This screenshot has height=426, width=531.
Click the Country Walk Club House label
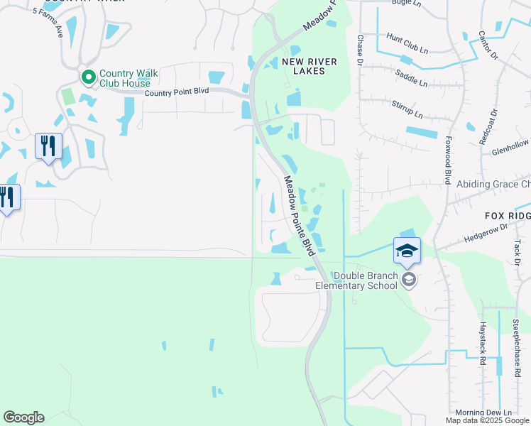click(x=128, y=78)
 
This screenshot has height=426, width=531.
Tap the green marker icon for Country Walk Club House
click(x=89, y=76)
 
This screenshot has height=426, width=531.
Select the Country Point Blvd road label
click(x=177, y=92)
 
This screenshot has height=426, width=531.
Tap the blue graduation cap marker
click(x=407, y=250)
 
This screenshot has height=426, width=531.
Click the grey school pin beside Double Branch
click(x=408, y=280)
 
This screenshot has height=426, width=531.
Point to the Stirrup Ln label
click(x=407, y=109)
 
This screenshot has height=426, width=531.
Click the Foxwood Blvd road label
click(x=449, y=160)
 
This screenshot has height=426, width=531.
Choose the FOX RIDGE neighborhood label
click(x=508, y=215)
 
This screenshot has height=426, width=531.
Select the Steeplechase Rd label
click(x=517, y=347)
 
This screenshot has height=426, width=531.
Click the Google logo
click(x=23, y=417)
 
